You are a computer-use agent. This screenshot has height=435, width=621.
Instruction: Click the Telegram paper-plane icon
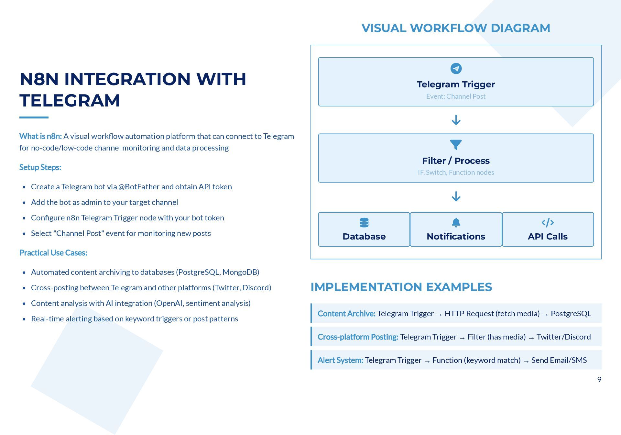point(456,69)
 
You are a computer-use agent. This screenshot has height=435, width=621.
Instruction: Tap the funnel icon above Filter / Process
point(456,145)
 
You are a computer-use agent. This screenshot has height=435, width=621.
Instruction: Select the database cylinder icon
point(364,223)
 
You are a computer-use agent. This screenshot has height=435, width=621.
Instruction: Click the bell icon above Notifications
point(456,223)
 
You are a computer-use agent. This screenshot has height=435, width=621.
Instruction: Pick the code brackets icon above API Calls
point(548,223)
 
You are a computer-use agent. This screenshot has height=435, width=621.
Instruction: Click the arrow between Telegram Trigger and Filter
point(456,120)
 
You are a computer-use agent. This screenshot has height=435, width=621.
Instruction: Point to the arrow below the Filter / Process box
point(456,196)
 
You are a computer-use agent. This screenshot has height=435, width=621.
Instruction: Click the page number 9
point(599,380)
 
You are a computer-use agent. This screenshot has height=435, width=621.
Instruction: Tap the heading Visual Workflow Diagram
point(456,28)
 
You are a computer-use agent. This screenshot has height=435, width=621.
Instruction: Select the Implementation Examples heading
point(401,287)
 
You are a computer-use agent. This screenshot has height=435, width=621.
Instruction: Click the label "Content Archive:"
point(346,314)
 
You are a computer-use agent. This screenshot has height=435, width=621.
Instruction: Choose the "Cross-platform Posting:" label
point(358,337)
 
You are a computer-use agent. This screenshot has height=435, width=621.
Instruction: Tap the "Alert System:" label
point(340,360)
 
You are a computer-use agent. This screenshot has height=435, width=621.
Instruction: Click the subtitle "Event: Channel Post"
point(456,96)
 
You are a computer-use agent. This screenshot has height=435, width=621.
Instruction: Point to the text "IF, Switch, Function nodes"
point(456,173)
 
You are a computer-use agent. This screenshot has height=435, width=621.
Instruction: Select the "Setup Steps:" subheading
point(40,167)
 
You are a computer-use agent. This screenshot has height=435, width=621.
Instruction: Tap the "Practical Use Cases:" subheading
point(53,253)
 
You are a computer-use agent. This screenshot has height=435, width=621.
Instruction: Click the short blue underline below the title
point(34,117)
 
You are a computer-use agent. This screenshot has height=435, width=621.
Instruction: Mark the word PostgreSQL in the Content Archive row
point(571,314)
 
